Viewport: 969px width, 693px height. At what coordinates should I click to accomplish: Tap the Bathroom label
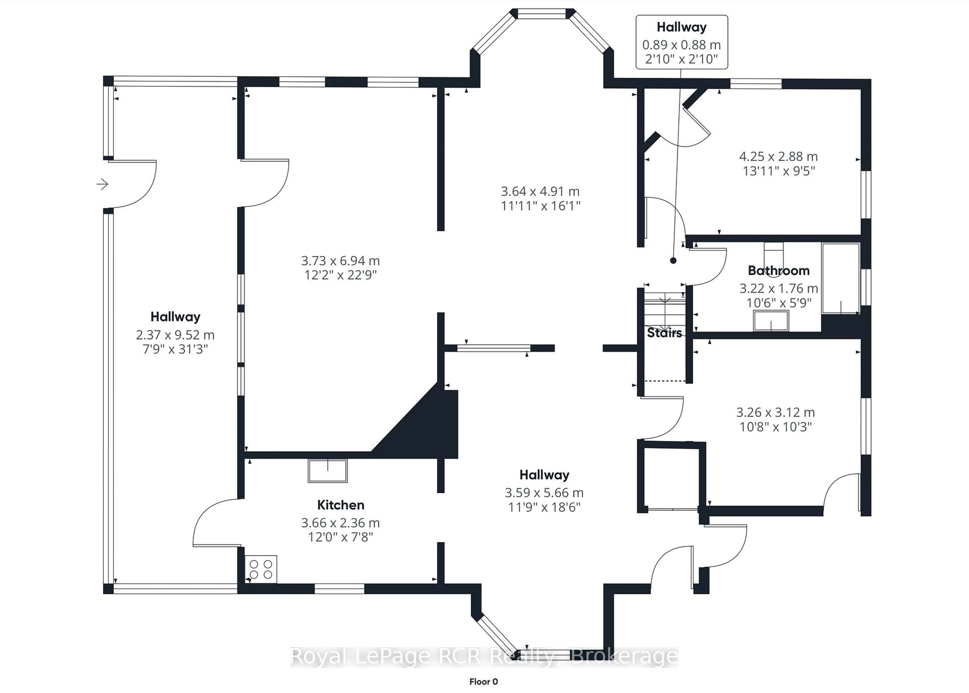[x=778, y=270]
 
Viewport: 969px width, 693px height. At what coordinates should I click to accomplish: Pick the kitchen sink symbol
[x=327, y=471]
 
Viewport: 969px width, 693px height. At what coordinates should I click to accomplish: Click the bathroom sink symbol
[x=771, y=321]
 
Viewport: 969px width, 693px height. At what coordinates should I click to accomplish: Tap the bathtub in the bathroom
[x=840, y=278]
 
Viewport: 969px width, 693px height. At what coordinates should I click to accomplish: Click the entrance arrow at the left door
[x=102, y=184]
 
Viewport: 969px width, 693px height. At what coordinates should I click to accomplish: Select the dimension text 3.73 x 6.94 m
[x=340, y=260]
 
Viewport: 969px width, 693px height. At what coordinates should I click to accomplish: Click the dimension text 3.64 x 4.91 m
[x=540, y=191]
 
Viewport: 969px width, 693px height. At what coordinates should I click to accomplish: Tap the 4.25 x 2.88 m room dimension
[x=778, y=157]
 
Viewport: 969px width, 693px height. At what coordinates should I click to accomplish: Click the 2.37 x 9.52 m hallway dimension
[x=175, y=335]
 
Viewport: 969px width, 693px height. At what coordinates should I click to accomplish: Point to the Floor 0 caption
[x=483, y=681]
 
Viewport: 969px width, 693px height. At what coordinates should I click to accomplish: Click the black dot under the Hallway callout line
[x=673, y=260]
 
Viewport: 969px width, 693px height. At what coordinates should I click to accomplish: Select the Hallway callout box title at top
[x=681, y=27]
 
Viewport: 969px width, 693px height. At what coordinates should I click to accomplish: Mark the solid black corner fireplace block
[x=426, y=431]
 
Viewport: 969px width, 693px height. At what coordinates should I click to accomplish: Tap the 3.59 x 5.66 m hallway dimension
[x=544, y=493]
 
